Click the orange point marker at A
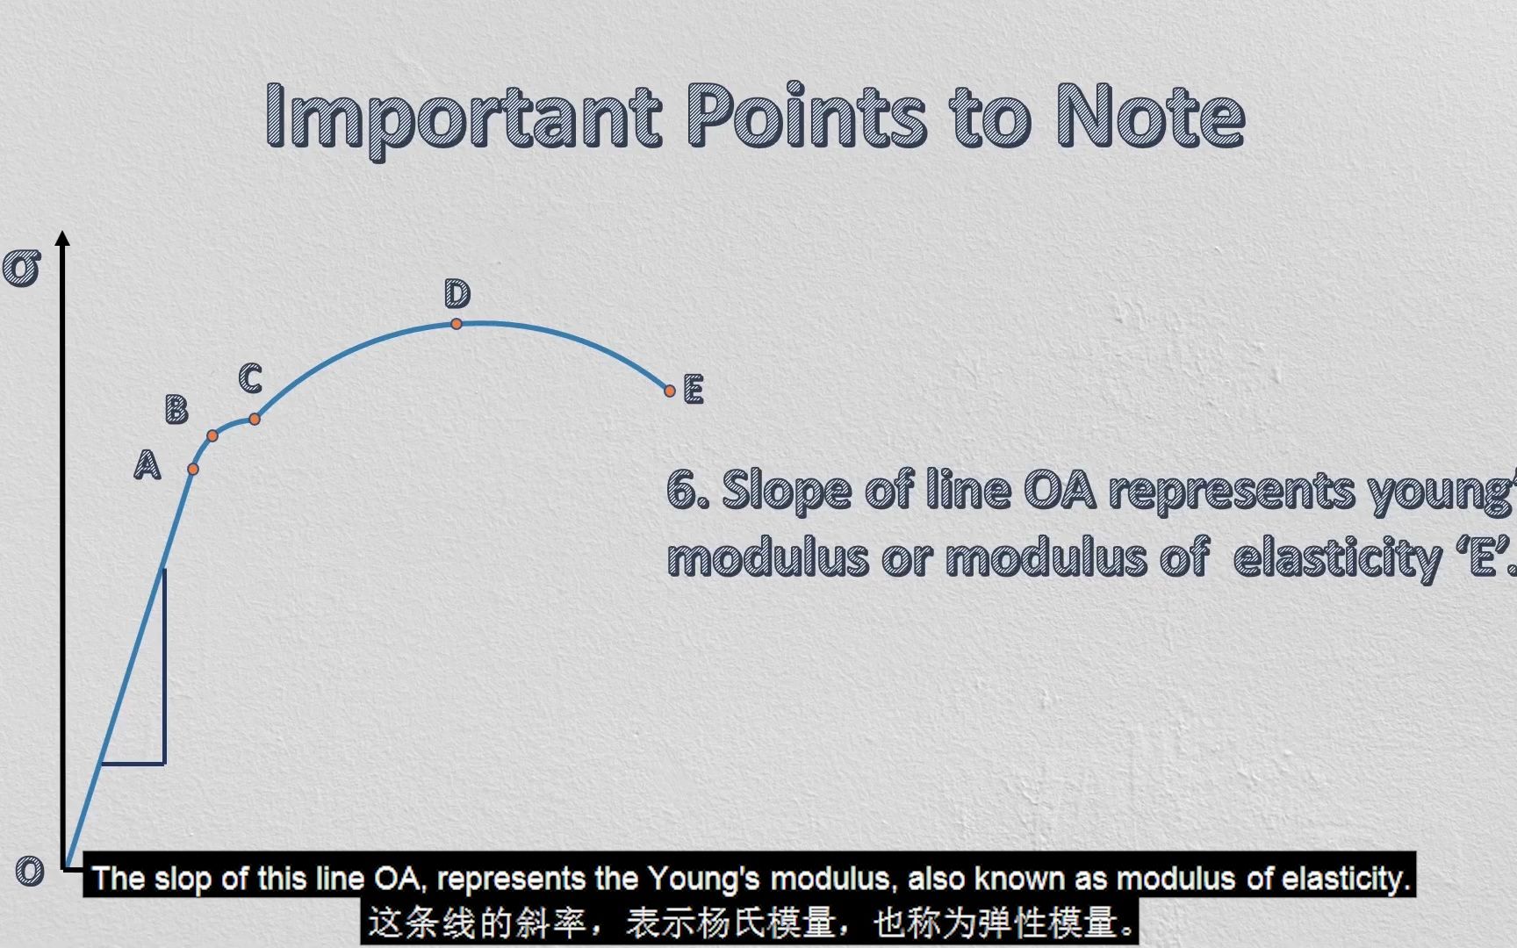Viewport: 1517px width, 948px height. tap(193, 470)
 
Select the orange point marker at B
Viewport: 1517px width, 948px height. tap(212, 435)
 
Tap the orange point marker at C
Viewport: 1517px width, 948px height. tap(255, 420)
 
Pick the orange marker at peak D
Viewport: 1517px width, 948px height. tap(457, 324)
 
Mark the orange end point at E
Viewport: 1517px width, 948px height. tap(670, 391)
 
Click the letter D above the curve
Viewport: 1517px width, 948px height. tap(457, 294)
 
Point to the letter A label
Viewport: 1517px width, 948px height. tap(147, 464)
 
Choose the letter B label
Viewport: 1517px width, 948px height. tap(176, 410)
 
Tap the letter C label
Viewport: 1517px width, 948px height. tap(250, 378)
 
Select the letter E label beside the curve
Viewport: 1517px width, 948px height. tap(694, 389)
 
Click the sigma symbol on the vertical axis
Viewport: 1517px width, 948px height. tap(22, 268)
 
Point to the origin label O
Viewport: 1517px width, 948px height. tap(30, 871)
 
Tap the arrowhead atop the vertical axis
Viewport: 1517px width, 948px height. tap(62, 238)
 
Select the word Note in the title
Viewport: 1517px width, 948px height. tap(1150, 116)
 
